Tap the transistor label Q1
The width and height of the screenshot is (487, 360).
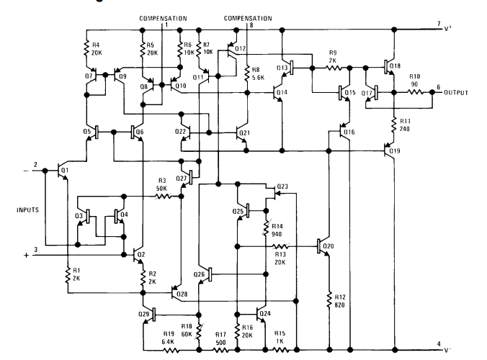coord(64,171)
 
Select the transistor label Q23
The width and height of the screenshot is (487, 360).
coord(282,186)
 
